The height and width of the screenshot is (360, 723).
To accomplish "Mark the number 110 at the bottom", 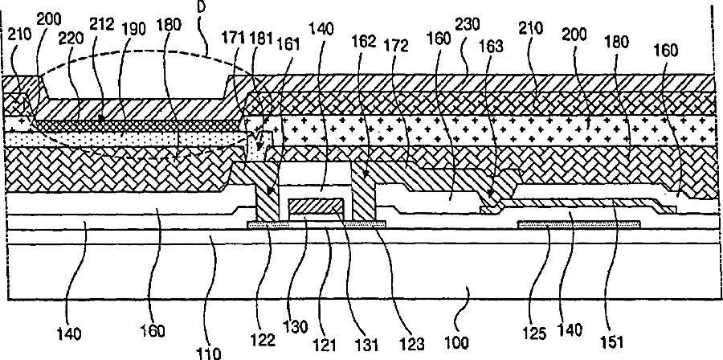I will coord(208,350).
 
